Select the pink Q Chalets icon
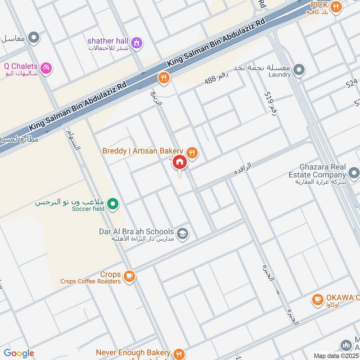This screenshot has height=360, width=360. [x=46, y=68]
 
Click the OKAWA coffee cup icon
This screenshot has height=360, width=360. [x=318, y=299]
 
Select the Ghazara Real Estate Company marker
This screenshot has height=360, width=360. [x=354, y=173]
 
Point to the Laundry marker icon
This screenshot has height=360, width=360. [x=299, y=70]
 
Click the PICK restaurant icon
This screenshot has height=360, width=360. [x=335, y=7]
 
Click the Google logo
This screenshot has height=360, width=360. [x=19, y=353]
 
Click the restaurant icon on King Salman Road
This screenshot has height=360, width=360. [x=163, y=78]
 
